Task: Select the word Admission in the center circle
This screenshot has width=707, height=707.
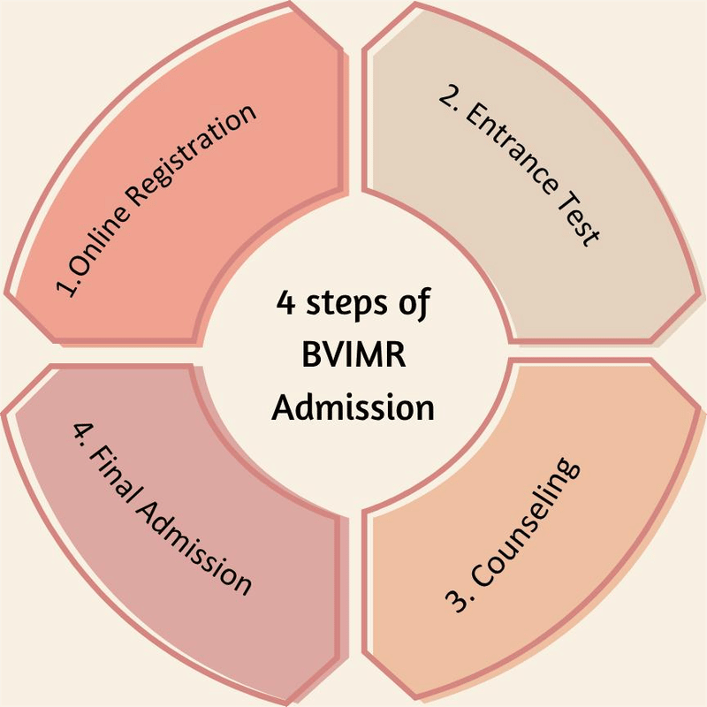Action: click(x=353, y=408)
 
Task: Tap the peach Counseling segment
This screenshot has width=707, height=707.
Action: click(x=601, y=566)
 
